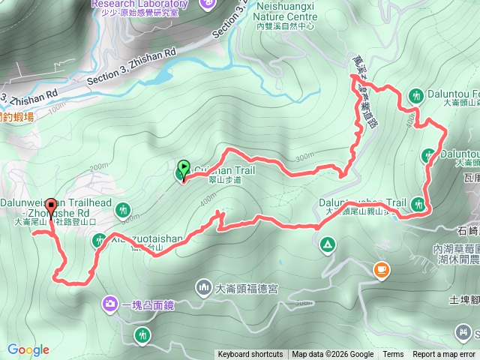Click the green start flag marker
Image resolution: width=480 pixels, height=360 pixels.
184,168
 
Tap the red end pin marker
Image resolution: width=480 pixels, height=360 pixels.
51,206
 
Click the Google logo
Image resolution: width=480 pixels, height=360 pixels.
28,349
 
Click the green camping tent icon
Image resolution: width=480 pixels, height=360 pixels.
327,244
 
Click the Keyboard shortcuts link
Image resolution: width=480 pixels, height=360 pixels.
250,355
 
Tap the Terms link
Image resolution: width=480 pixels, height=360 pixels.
393,355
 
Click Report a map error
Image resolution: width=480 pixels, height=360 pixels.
445,355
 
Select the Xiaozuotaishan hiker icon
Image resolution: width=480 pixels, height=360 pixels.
99,241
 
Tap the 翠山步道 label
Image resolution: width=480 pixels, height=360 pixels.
225,180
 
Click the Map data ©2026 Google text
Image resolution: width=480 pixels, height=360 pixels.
332,355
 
